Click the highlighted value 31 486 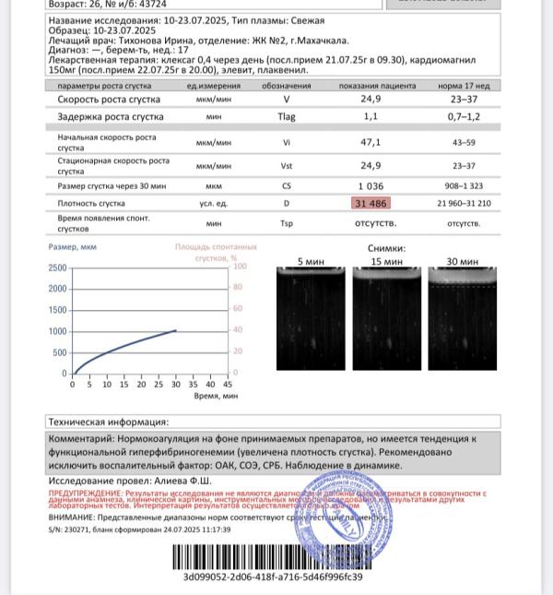(371, 203)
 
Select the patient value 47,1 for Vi (371, 142)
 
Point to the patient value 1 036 (371, 185)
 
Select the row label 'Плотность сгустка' (90, 203)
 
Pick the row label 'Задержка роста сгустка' (110, 117)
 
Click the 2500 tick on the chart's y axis (56, 268)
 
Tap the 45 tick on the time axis (228, 384)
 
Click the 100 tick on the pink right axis (240, 267)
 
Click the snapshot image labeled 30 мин (464, 318)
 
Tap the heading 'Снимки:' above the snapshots (386, 248)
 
